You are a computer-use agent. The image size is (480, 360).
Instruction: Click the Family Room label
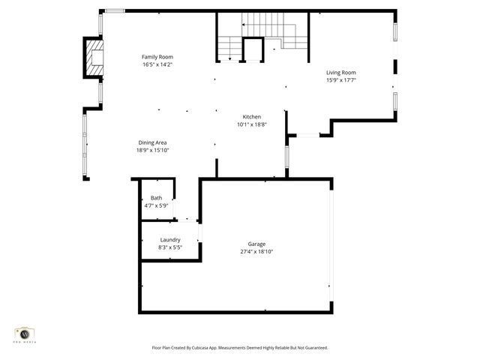tap(157, 57)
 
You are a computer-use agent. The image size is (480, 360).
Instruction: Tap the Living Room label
tap(340, 73)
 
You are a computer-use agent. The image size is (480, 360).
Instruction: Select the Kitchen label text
tap(251, 117)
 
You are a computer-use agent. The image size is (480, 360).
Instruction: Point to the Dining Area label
tap(152, 142)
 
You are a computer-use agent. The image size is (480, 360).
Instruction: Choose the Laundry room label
tap(169, 240)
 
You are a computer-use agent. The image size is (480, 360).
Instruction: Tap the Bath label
tap(156, 198)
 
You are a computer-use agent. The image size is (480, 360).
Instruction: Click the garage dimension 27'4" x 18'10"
tap(256, 252)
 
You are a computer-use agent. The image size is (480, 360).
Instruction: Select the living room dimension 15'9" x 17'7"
tap(340, 80)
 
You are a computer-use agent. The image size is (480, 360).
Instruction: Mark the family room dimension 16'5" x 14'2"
tap(157, 64)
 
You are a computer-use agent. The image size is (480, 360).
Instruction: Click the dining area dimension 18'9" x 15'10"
tap(152, 150)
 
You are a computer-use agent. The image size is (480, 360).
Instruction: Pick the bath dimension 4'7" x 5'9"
tap(156, 205)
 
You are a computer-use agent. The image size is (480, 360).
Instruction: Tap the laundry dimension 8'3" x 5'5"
tap(169, 247)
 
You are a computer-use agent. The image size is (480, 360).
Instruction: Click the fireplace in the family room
tap(94, 58)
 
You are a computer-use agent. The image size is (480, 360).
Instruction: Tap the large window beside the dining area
tap(85, 144)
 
